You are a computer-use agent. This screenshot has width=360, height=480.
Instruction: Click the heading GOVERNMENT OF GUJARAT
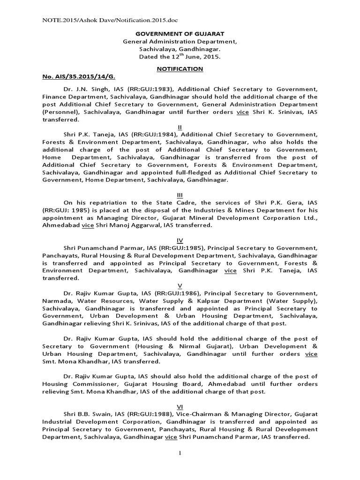[180, 34]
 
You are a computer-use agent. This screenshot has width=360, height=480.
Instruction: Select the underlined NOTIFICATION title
[180, 68]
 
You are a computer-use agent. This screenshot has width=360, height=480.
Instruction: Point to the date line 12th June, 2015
[180, 56]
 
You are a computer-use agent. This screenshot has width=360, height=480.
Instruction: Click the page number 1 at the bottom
[180, 452]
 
